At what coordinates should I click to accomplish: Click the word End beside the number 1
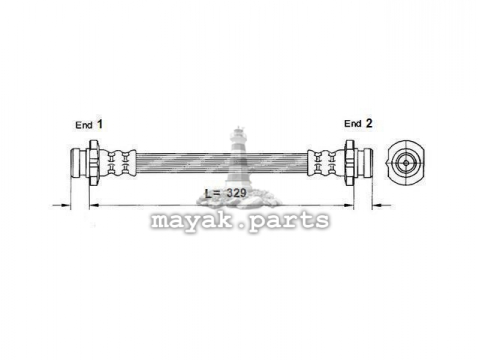tap(83, 125)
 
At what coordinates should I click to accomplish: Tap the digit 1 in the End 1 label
tap(100, 124)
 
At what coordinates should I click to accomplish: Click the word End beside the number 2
tap(353, 124)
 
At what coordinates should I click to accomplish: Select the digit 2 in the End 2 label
tap(369, 123)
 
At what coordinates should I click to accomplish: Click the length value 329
tap(236, 193)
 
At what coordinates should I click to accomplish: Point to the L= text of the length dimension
tap(212, 193)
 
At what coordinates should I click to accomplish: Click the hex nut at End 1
tap(94, 163)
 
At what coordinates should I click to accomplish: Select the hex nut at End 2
tap(349, 163)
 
